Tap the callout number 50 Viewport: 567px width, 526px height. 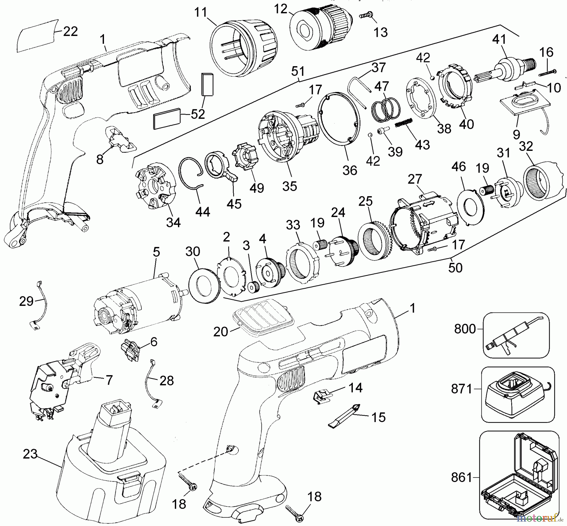[x=455, y=267]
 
